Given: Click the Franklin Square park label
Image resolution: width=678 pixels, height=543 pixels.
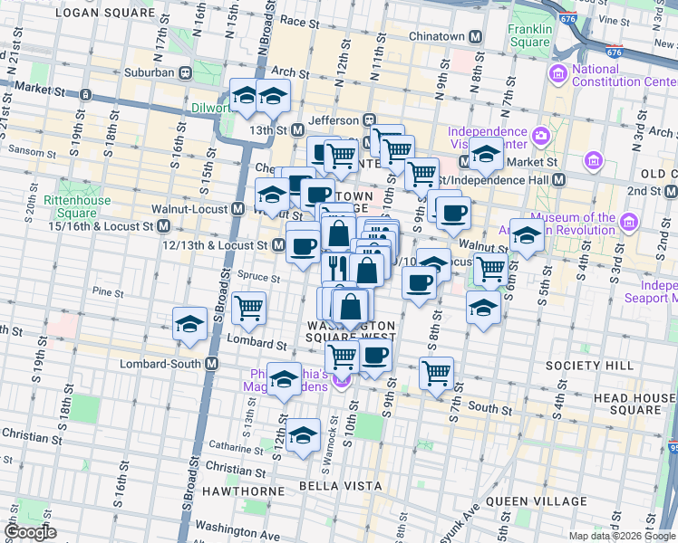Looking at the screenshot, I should click(x=530, y=34).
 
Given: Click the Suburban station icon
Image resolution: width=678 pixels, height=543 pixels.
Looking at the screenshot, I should click(x=185, y=71).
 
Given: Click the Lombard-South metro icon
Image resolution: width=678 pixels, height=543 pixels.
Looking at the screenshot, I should click(x=212, y=364).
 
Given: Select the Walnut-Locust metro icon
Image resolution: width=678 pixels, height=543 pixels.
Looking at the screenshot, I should click(x=237, y=209).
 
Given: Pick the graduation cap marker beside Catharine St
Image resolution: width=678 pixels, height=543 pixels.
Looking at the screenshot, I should click(x=303, y=434).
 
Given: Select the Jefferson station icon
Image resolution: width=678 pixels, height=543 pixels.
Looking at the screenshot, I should click(x=370, y=119).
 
